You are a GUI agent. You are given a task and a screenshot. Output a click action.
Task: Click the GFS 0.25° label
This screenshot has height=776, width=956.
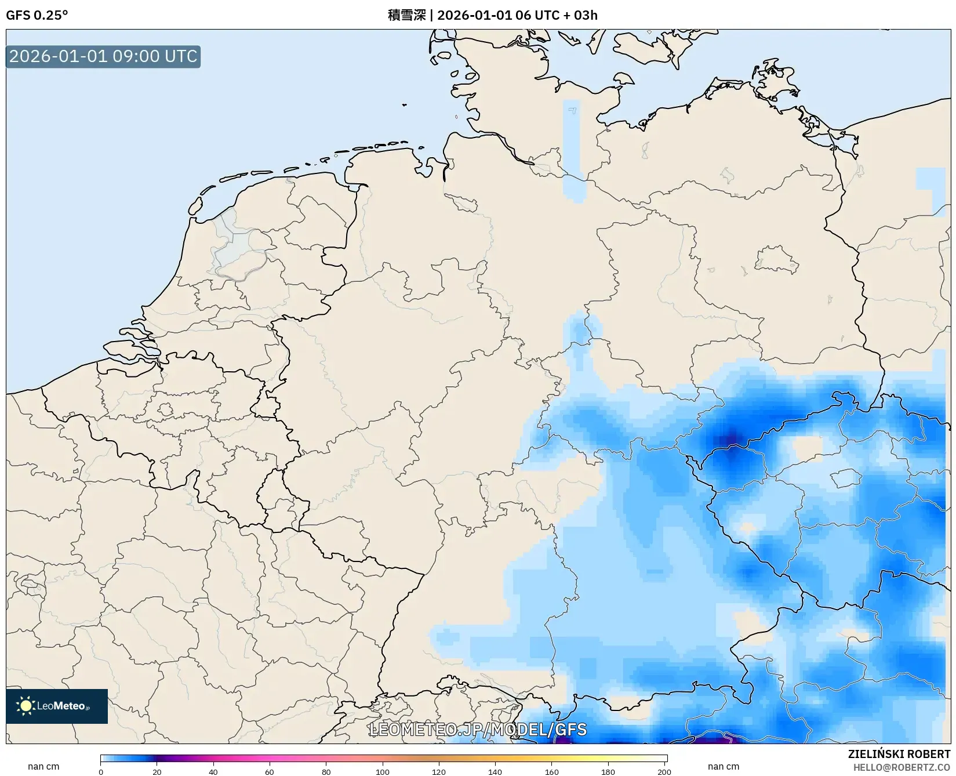point(37,15)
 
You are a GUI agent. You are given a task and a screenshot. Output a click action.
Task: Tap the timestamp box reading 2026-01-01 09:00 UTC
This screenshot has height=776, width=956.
point(103,56)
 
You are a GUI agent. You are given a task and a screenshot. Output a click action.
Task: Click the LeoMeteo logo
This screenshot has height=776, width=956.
point(57,706)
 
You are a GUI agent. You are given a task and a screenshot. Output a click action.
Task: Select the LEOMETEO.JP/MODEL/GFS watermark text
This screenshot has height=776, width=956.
point(478,730)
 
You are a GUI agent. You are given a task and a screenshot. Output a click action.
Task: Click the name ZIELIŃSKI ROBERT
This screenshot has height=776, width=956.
point(899,754)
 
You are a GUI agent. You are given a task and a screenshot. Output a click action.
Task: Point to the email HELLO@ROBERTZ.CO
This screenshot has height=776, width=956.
point(902,767)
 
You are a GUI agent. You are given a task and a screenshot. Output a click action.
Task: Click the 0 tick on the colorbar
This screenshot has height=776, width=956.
point(101,771)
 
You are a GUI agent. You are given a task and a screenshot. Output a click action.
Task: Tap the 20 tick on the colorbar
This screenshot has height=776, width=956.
point(157,771)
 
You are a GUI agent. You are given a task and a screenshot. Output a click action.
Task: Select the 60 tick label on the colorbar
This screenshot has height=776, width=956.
point(270,771)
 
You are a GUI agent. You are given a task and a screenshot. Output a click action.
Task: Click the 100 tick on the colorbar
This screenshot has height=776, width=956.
point(383,771)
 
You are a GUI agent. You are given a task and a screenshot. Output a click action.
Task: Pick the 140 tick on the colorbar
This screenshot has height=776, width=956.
point(495,771)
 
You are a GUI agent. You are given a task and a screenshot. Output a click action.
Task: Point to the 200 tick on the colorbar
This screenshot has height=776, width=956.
point(664,771)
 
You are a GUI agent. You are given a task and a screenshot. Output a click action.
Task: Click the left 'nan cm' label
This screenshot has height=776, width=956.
point(43,767)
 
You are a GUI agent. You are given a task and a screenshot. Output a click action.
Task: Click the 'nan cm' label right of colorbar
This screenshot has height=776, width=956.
point(723,767)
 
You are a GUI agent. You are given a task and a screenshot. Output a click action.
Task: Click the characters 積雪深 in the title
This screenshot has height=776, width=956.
point(406,15)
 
